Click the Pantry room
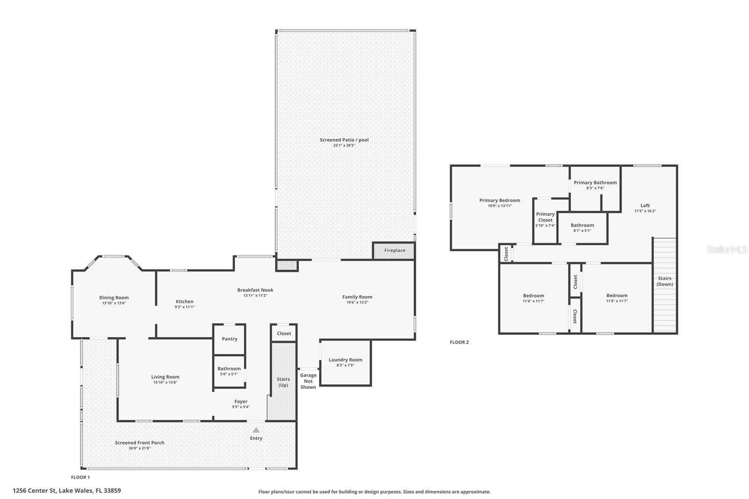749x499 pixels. pyautogui.click(x=229, y=339)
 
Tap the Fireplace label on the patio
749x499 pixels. pyautogui.click(x=395, y=250)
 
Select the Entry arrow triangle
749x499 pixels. pyautogui.click(x=256, y=430)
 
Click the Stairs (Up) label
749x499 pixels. pyautogui.click(x=283, y=382)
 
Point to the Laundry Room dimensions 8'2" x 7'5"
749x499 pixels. pyautogui.click(x=345, y=365)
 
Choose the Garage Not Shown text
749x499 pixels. pyautogui.click(x=308, y=381)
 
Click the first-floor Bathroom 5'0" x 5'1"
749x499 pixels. pyautogui.click(x=229, y=371)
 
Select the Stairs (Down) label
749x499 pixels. pyautogui.click(x=665, y=281)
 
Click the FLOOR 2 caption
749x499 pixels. pyautogui.click(x=459, y=342)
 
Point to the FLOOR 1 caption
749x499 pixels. pyautogui.click(x=80, y=477)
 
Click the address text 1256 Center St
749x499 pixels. pyautogui.click(x=66, y=491)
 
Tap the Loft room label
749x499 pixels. pyautogui.click(x=645, y=205)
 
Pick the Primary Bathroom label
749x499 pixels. pyautogui.click(x=595, y=183)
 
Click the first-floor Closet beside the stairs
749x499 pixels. pyautogui.click(x=284, y=333)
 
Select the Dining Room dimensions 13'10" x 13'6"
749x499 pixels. pyautogui.click(x=114, y=303)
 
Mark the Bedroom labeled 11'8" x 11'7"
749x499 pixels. pyautogui.click(x=617, y=298)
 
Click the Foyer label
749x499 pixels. pyautogui.click(x=241, y=402)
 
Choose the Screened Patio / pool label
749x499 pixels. pyautogui.click(x=344, y=140)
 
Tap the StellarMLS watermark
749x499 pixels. pyautogui.click(x=727, y=250)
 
